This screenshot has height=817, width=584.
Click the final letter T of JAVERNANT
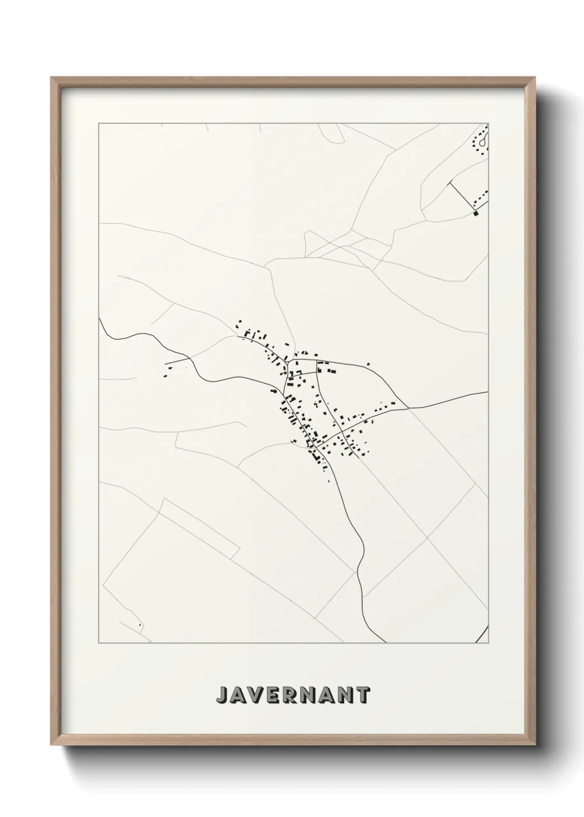point(363,695)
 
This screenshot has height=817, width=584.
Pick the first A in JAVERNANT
point(240,695)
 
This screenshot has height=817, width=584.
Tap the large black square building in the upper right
point(476,213)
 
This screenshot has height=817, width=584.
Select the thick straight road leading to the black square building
point(463,197)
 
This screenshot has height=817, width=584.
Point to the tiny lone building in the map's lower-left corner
point(140,625)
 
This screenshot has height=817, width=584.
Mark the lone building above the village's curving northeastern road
point(368,364)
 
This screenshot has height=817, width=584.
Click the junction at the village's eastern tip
point(407,408)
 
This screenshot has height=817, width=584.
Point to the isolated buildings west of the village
point(166,372)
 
